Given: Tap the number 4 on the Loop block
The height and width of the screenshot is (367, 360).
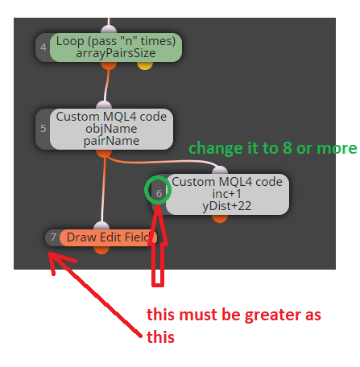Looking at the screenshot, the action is (43, 47).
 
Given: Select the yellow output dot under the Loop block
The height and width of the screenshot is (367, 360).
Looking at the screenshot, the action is (145, 65).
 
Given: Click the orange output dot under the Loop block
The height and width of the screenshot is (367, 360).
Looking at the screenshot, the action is (109, 65).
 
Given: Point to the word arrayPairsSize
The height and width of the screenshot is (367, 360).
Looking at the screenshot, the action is (116, 53).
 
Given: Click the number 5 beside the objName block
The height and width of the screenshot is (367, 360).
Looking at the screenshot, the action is (43, 129).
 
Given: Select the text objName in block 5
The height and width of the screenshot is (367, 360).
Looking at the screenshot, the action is (111, 129).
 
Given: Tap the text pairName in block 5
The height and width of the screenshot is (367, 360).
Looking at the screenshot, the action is (111, 141).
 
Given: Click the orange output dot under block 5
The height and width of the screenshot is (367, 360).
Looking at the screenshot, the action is (104, 153).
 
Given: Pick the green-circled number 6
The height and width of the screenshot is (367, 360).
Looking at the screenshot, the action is (159, 194).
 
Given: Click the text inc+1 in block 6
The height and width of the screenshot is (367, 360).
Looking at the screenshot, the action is (227, 194).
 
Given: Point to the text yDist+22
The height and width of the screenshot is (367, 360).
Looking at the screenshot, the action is (227, 206).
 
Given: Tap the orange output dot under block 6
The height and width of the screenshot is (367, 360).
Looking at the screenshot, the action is (220, 218).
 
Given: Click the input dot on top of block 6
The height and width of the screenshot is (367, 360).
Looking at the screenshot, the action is (220, 170).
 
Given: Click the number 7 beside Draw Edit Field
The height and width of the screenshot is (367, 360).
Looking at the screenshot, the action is (53, 237).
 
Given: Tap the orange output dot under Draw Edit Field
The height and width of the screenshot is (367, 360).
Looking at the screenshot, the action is (101, 249).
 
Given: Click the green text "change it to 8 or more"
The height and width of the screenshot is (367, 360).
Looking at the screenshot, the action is (273, 148).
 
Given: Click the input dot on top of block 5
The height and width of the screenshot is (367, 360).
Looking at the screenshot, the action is (104, 105).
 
